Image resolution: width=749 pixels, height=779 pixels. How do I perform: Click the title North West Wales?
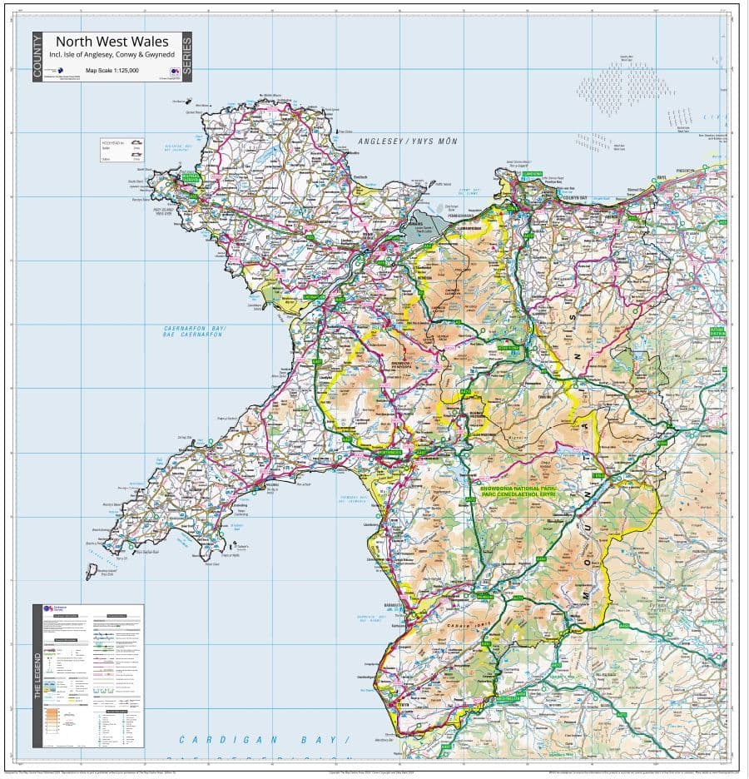tap(112, 42)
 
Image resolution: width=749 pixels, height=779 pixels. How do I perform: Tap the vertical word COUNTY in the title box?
tap(37, 57)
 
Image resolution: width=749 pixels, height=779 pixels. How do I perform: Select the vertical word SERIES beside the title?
tap(186, 57)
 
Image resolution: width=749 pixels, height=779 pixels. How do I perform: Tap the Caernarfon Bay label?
tap(195, 331)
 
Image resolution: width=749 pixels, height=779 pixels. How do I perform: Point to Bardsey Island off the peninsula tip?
tap(91, 572)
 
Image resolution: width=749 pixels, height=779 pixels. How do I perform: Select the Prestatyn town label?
tap(708, 170)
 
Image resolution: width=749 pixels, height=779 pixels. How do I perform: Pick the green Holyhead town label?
tap(190, 177)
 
